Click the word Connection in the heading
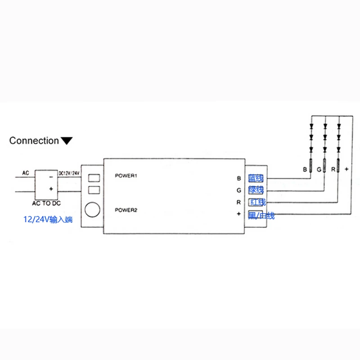[34, 140]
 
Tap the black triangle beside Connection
[67, 141]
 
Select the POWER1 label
[126, 176]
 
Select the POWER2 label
[126, 210]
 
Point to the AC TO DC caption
[47, 202]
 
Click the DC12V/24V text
[69, 173]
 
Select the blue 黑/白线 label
[261, 216]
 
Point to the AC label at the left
[26, 173]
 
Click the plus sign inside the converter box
[51, 189]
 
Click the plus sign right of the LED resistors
[346, 170]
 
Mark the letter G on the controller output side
[239, 190]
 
